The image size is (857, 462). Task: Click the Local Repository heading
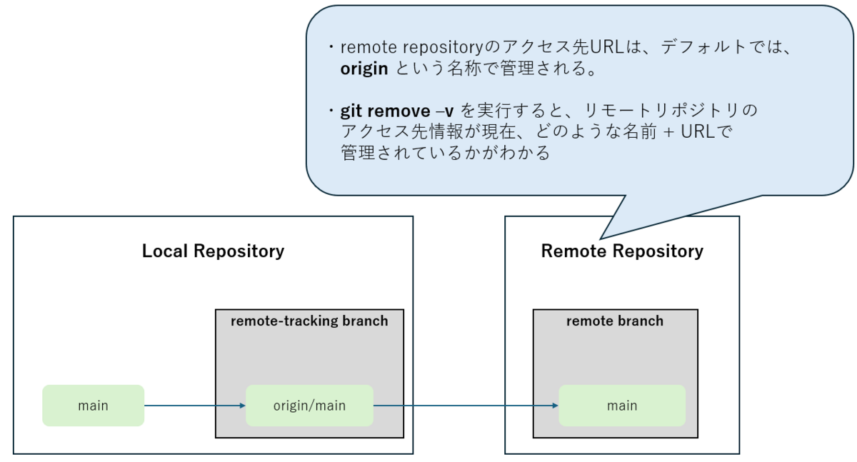tap(213, 251)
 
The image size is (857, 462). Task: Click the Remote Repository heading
tap(622, 251)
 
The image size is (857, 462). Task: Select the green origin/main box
tap(309, 406)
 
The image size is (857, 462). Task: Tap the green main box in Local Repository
tap(93, 406)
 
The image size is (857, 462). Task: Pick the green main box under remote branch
tap(621, 406)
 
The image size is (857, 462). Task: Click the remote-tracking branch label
tap(309, 321)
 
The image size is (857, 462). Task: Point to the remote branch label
tap(615, 321)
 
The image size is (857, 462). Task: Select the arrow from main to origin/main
tap(194, 406)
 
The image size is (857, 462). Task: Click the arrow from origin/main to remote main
tap(464, 406)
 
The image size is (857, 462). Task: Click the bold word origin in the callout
tap(364, 69)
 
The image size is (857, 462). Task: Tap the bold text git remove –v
tap(397, 111)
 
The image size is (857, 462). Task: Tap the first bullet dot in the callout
tap(331, 49)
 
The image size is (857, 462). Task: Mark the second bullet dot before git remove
tap(331, 112)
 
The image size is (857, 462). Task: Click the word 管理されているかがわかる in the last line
tap(446, 154)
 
